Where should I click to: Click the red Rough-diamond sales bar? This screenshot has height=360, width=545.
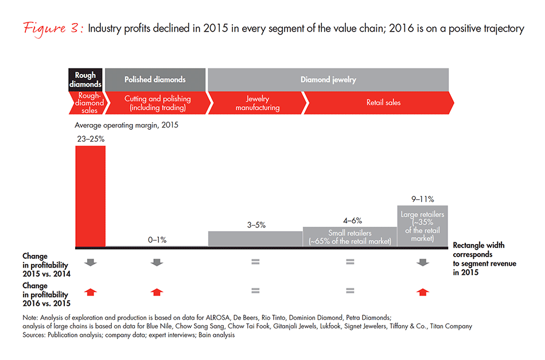[91, 195]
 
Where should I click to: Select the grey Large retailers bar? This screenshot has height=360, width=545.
[422, 226]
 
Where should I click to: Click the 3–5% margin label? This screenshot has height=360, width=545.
[255, 224]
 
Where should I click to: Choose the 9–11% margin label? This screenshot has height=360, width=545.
[423, 199]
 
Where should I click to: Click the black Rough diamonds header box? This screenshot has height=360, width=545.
[85, 79]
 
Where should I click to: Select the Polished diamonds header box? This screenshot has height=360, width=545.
[155, 79]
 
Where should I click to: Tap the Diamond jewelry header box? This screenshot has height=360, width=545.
[328, 79]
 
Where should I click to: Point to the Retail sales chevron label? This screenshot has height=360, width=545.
[383, 103]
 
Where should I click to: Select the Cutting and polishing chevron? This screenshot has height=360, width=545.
[157, 103]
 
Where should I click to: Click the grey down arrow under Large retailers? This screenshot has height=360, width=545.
[422, 262]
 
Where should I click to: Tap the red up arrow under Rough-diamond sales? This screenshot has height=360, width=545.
[90, 292]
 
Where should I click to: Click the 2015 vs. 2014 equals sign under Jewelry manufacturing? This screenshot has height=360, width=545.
[255, 262]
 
